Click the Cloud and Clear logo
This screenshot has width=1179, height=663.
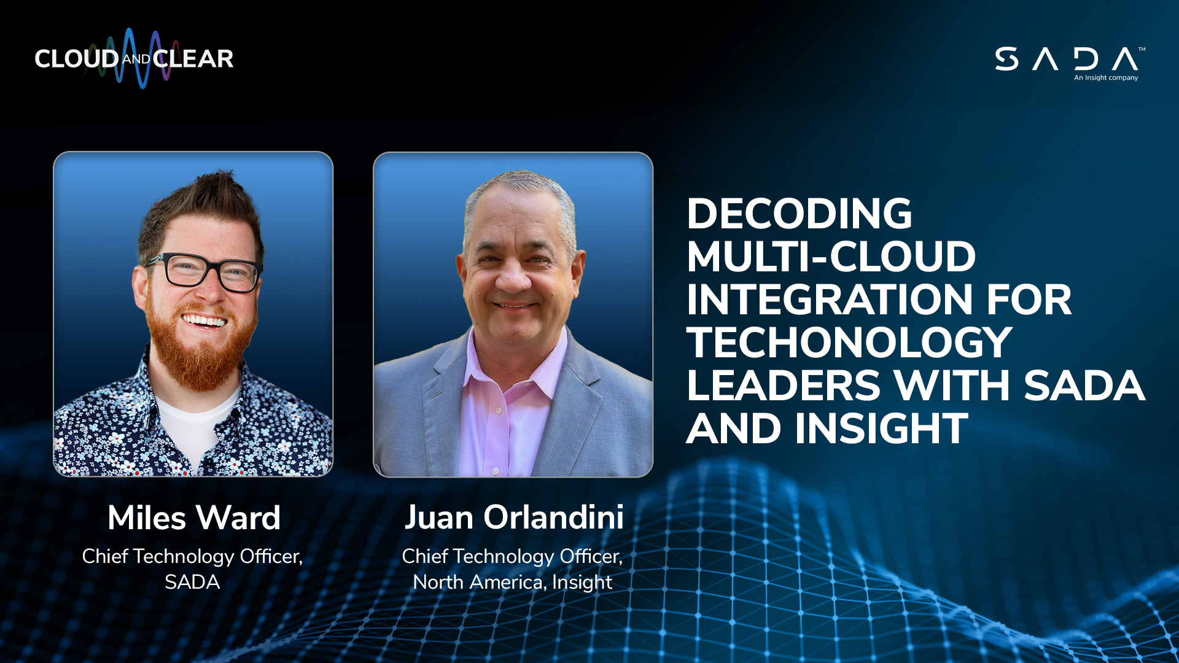(x=134, y=59)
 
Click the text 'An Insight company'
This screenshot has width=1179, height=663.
(x=1106, y=78)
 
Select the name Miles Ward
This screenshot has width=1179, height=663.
(x=194, y=518)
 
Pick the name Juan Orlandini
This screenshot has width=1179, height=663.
(x=514, y=517)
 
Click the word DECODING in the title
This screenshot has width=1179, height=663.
(x=799, y=214)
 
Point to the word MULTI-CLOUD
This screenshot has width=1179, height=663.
(x=831, y=257)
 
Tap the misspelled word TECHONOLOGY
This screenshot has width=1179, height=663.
(x=849, y=343)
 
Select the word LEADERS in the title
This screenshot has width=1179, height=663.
(x=784, y=386)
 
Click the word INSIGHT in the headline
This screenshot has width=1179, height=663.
(x=882, y=428)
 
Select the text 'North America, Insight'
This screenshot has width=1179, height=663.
(x=513, y=582)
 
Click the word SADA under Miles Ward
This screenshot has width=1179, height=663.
(x=192, y=582)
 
